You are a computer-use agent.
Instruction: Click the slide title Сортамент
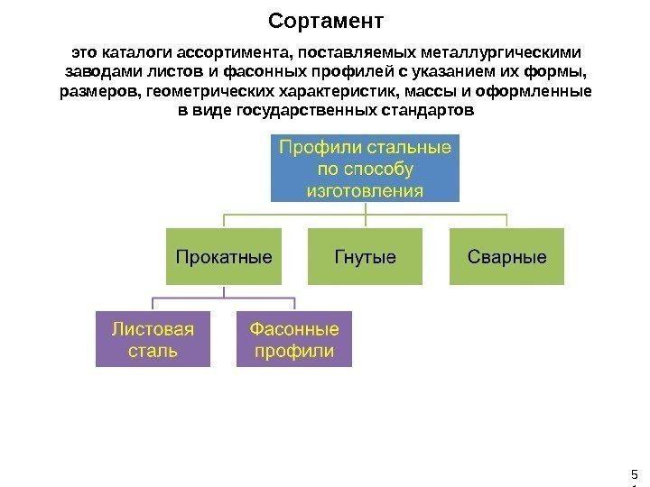pos(326,20)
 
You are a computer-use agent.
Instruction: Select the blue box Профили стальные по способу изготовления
pos(365,168)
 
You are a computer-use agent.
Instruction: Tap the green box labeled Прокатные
pos(223,257)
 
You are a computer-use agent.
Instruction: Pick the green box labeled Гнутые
pos(365,257)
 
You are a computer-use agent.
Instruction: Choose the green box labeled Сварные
pos(506,257)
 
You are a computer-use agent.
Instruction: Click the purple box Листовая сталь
pos(153,339)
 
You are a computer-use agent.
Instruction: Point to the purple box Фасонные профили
pos(294,339)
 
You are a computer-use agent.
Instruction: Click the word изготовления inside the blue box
pos(365,191)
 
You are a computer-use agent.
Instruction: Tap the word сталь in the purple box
pos(153,351)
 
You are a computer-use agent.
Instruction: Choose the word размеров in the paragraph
pos(97,92)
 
